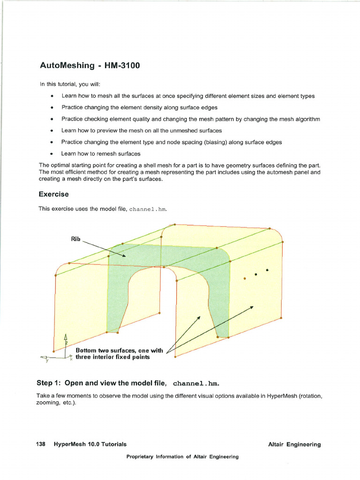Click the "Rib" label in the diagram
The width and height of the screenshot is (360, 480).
coord(75,239)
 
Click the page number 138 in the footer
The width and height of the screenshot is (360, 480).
coord(41,444)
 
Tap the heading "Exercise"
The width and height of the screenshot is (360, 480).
coord(54,194)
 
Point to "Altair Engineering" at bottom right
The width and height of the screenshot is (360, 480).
coord(294,444)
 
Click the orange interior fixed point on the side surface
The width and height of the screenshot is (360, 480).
coord(245,277)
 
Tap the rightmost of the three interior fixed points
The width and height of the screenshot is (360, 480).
coord(267,270)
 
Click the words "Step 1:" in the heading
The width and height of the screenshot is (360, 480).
coord(49,383)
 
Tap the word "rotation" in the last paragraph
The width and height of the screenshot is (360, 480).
coord(311,396)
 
